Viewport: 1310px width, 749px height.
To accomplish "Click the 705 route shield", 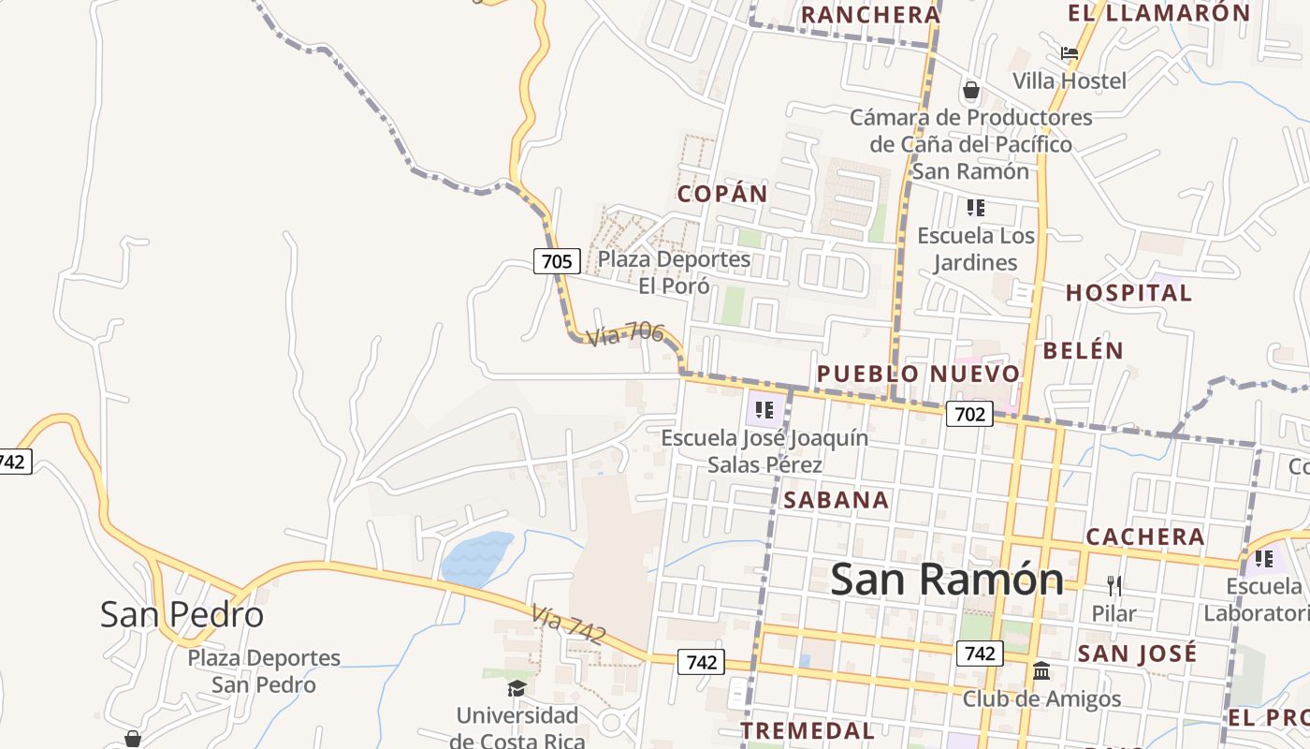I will click(557, 260).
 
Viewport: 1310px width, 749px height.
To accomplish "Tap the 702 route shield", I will click(968, 413).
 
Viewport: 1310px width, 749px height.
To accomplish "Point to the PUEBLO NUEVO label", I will click(918, 374).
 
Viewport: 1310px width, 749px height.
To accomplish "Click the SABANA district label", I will click(837, 500).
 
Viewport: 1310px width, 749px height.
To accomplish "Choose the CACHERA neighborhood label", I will click(1145, 536).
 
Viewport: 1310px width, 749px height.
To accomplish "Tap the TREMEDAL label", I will click(808, 730).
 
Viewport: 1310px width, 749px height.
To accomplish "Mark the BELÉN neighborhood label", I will click(1083, 350).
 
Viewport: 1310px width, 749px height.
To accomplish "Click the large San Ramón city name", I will click(947, 579).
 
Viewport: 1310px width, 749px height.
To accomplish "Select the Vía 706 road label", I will click(625, 334).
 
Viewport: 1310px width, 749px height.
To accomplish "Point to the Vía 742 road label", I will click(568, 624).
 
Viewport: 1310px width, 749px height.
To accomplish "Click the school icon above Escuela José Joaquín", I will click(764, 409).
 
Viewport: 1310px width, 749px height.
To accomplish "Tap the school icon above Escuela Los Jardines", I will click(976, 208).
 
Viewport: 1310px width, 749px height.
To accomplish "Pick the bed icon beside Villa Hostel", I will click(1070, 53).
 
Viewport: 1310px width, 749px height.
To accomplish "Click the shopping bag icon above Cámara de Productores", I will click(971, 91).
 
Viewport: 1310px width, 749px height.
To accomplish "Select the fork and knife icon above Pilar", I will click(1113, 586).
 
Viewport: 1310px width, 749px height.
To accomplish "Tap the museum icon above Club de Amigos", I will click(1041, 670).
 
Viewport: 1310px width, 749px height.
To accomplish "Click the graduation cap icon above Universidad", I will click(517, 689).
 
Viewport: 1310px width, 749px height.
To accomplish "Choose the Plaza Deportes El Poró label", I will click(674, 272).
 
